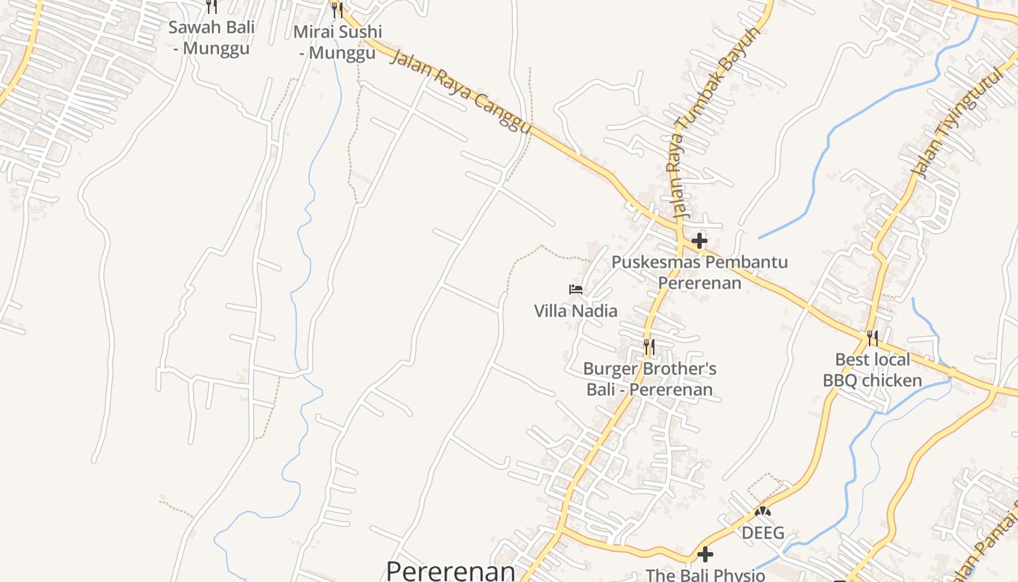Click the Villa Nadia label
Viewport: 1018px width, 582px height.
[x=575, y=311]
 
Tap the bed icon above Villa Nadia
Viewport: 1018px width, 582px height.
[x=576, y=290]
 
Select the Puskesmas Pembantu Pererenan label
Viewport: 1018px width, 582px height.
[x=700, y=272]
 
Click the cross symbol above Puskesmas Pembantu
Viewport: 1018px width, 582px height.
[x=700, y=240]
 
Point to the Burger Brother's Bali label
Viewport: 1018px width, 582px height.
[x=649, y=379]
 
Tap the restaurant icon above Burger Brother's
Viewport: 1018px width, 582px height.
[x=649, y=347]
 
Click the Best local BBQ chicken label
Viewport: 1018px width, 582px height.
[x=872, y=370]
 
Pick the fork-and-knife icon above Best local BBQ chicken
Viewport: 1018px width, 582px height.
[x=872, y=338]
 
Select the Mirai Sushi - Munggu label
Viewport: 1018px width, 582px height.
[x=337, y=42]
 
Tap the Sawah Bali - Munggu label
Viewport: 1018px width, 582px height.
[x=212, y=38]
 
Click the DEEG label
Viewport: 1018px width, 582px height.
[x=763, y=533]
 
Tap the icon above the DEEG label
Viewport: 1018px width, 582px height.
[x=762, y=511]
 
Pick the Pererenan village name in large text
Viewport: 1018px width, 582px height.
[x=450, y=570]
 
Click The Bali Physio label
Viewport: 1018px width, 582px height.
[x=705, y=575]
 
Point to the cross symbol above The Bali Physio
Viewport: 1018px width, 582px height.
[x=705, y=555]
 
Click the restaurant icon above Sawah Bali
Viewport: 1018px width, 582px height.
[x=212, y=7]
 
